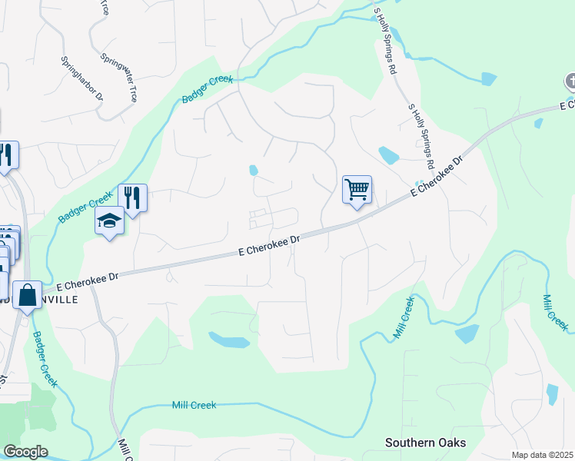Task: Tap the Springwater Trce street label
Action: [119, 78]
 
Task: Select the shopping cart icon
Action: [357, 189]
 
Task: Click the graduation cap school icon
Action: [109, 221]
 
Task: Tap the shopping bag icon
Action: [28, 295]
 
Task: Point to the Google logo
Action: [25, 452]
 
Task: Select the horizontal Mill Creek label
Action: [194, 405]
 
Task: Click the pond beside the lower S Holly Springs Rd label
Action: [388, 156]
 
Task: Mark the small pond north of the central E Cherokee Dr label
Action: [253, 170]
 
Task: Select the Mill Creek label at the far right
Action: [556, 313]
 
